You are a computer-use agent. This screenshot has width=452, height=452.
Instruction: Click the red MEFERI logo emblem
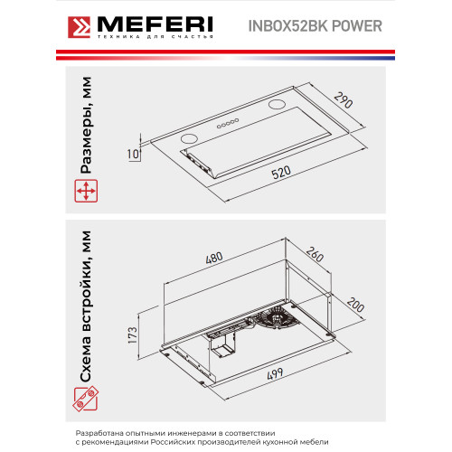(x=79, y=27)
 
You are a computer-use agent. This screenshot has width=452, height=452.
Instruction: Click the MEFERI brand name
(x=155, y=24)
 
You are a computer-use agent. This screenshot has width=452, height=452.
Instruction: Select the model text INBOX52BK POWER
(x=315, y=26)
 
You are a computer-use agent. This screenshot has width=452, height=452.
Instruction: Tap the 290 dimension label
(x=344, y=100)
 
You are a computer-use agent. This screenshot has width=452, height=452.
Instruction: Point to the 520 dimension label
(x=281, y=173)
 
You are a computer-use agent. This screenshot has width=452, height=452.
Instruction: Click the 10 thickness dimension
(x=133, y=154)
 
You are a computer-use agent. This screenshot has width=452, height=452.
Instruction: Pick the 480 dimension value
(x=214, y=258)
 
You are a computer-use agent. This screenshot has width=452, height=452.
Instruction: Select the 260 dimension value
(x=315, y=254)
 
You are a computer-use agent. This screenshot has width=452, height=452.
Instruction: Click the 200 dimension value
(x=356, y=305)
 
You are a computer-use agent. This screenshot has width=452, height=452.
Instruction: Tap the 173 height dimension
(x=133, y=334)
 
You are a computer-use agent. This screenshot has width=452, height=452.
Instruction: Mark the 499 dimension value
(x=275, y=374)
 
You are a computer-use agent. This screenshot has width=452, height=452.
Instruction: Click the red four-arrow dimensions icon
(x=86, y=191)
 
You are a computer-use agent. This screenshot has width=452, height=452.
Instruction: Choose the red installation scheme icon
(x=86, y=399)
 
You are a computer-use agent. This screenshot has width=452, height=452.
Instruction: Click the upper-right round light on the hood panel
(x=277, y=104)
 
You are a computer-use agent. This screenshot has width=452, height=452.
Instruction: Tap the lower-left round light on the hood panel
(x=189, y=138)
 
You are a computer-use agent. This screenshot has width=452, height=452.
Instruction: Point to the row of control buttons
(x=228, y=123)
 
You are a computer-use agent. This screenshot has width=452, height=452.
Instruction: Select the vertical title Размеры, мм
(x=86, y=125)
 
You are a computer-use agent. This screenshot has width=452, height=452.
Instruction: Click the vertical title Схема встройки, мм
(x=86, y=306)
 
